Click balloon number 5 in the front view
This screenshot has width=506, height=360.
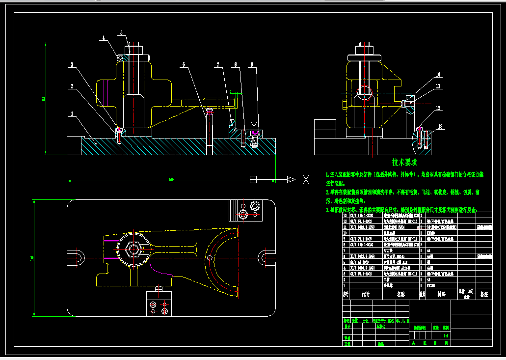(121, 33)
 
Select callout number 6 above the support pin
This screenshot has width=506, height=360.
(183, 65)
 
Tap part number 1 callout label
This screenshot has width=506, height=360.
(72, 114)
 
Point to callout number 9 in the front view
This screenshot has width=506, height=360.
(252, 65)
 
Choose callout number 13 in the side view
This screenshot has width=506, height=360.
(440, 127)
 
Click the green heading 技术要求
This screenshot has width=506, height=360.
(404, 162)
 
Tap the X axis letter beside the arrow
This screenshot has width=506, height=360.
(306, 179)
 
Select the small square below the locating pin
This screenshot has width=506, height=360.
(253, 179)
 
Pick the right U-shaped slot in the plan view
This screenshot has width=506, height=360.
(266, 256)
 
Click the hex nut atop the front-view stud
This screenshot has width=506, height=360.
(134, 50)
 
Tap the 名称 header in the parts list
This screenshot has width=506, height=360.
(400, 294)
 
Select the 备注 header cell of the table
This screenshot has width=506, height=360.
(484, 294)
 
